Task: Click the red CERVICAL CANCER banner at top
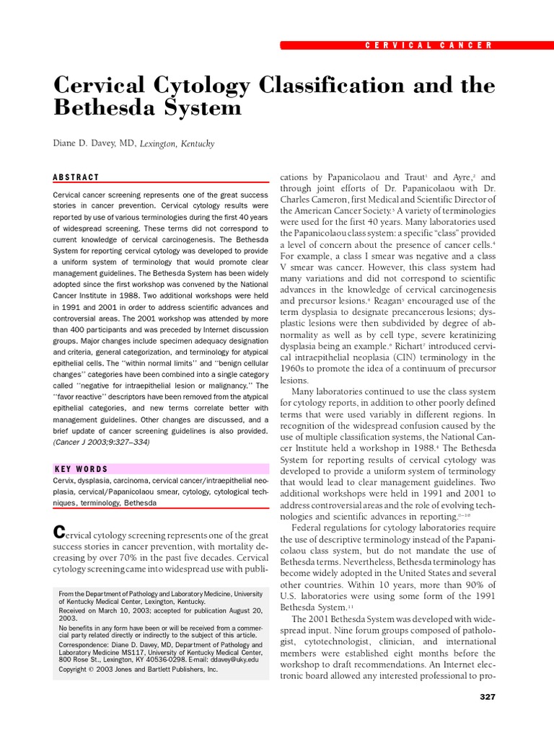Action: (388, 45)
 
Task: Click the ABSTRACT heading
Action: (76, 177)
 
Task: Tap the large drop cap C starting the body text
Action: (61, 533)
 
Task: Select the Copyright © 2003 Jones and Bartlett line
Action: (137, 669)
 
